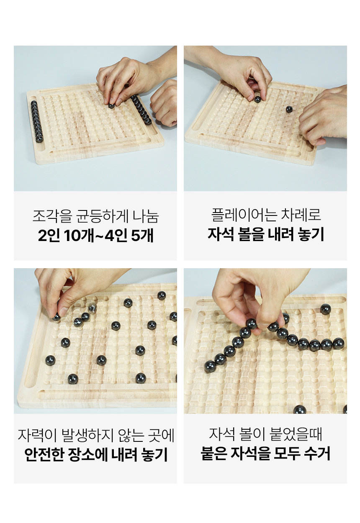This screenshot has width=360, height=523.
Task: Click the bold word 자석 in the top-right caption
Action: (x=221, y=234)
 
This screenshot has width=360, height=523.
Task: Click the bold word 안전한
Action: (x=44, y=454)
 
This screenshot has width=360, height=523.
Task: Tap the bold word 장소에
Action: (x=88, y=454)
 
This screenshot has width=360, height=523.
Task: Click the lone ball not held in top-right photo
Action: (x=289, y=109)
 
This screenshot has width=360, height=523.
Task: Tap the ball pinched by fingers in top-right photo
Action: (x=257, y=100)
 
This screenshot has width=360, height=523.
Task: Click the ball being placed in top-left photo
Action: (x=111, y=106)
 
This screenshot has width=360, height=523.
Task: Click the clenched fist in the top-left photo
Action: (x=164, y=103)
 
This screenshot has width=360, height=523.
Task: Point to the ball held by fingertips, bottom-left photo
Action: (x=56, y=317)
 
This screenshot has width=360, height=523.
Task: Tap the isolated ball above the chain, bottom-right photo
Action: (x=325, y=309)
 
